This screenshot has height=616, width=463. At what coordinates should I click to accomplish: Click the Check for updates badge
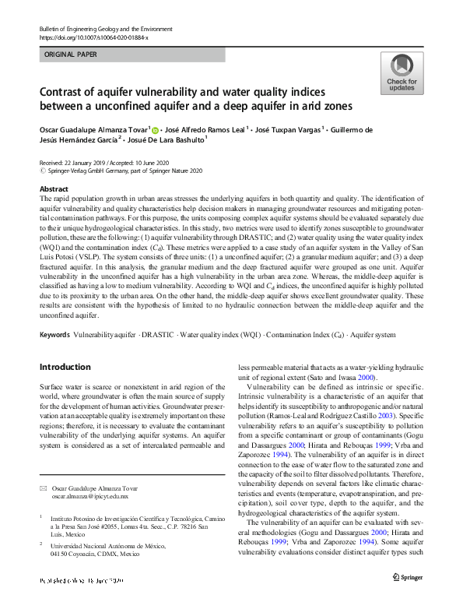401,74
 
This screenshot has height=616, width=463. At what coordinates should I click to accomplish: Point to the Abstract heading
53,189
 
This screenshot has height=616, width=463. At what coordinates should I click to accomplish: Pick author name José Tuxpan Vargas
288,129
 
